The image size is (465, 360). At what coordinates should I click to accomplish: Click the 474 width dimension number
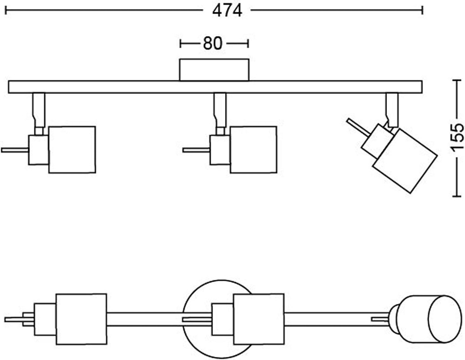pyautogui.click(x=227, y=10)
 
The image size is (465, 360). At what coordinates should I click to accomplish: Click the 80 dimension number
pyautogui.click(x=212, y=43)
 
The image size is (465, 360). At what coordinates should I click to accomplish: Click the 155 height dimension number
pyautogui.click(x=458, y=137)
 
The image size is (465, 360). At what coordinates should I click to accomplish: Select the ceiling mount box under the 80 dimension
pyautogui.click(x=214, y=70)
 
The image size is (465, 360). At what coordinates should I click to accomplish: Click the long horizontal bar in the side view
pyautogui.click(x=215, y=87)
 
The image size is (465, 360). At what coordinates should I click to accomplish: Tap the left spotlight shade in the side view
pyautogui.click(x=72, y=150)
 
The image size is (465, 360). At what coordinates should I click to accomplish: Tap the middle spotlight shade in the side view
pyautogui.click(x=253, y=150)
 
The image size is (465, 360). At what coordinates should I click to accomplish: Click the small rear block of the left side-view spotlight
pyautogui.click(x=39, y=150)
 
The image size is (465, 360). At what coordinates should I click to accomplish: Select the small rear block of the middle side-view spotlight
pyautogui.click(x=220, y=150)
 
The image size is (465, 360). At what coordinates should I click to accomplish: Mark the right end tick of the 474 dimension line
pyautogui.click(x=422, y=10)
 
